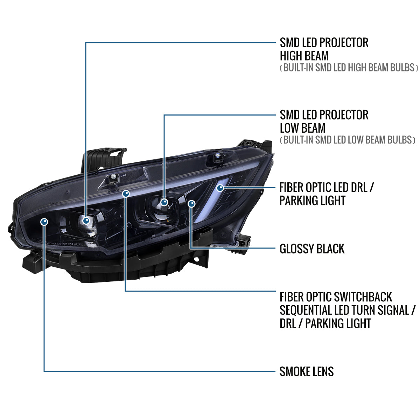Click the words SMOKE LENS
(307, 371)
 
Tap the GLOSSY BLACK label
(312, 249)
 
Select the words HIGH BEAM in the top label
(304, 56)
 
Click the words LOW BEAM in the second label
(302, 128)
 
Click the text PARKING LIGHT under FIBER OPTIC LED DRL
(312, 201)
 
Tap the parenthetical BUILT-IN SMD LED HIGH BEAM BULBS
(349, 68)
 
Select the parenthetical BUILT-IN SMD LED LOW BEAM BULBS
(348, 140)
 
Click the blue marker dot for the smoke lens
(44, 222)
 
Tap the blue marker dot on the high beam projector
(86, 220)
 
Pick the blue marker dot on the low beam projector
(164, 202)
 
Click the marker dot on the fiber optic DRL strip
(220, 188)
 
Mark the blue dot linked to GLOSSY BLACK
(191, 204)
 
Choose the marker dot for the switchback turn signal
(126, 193)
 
